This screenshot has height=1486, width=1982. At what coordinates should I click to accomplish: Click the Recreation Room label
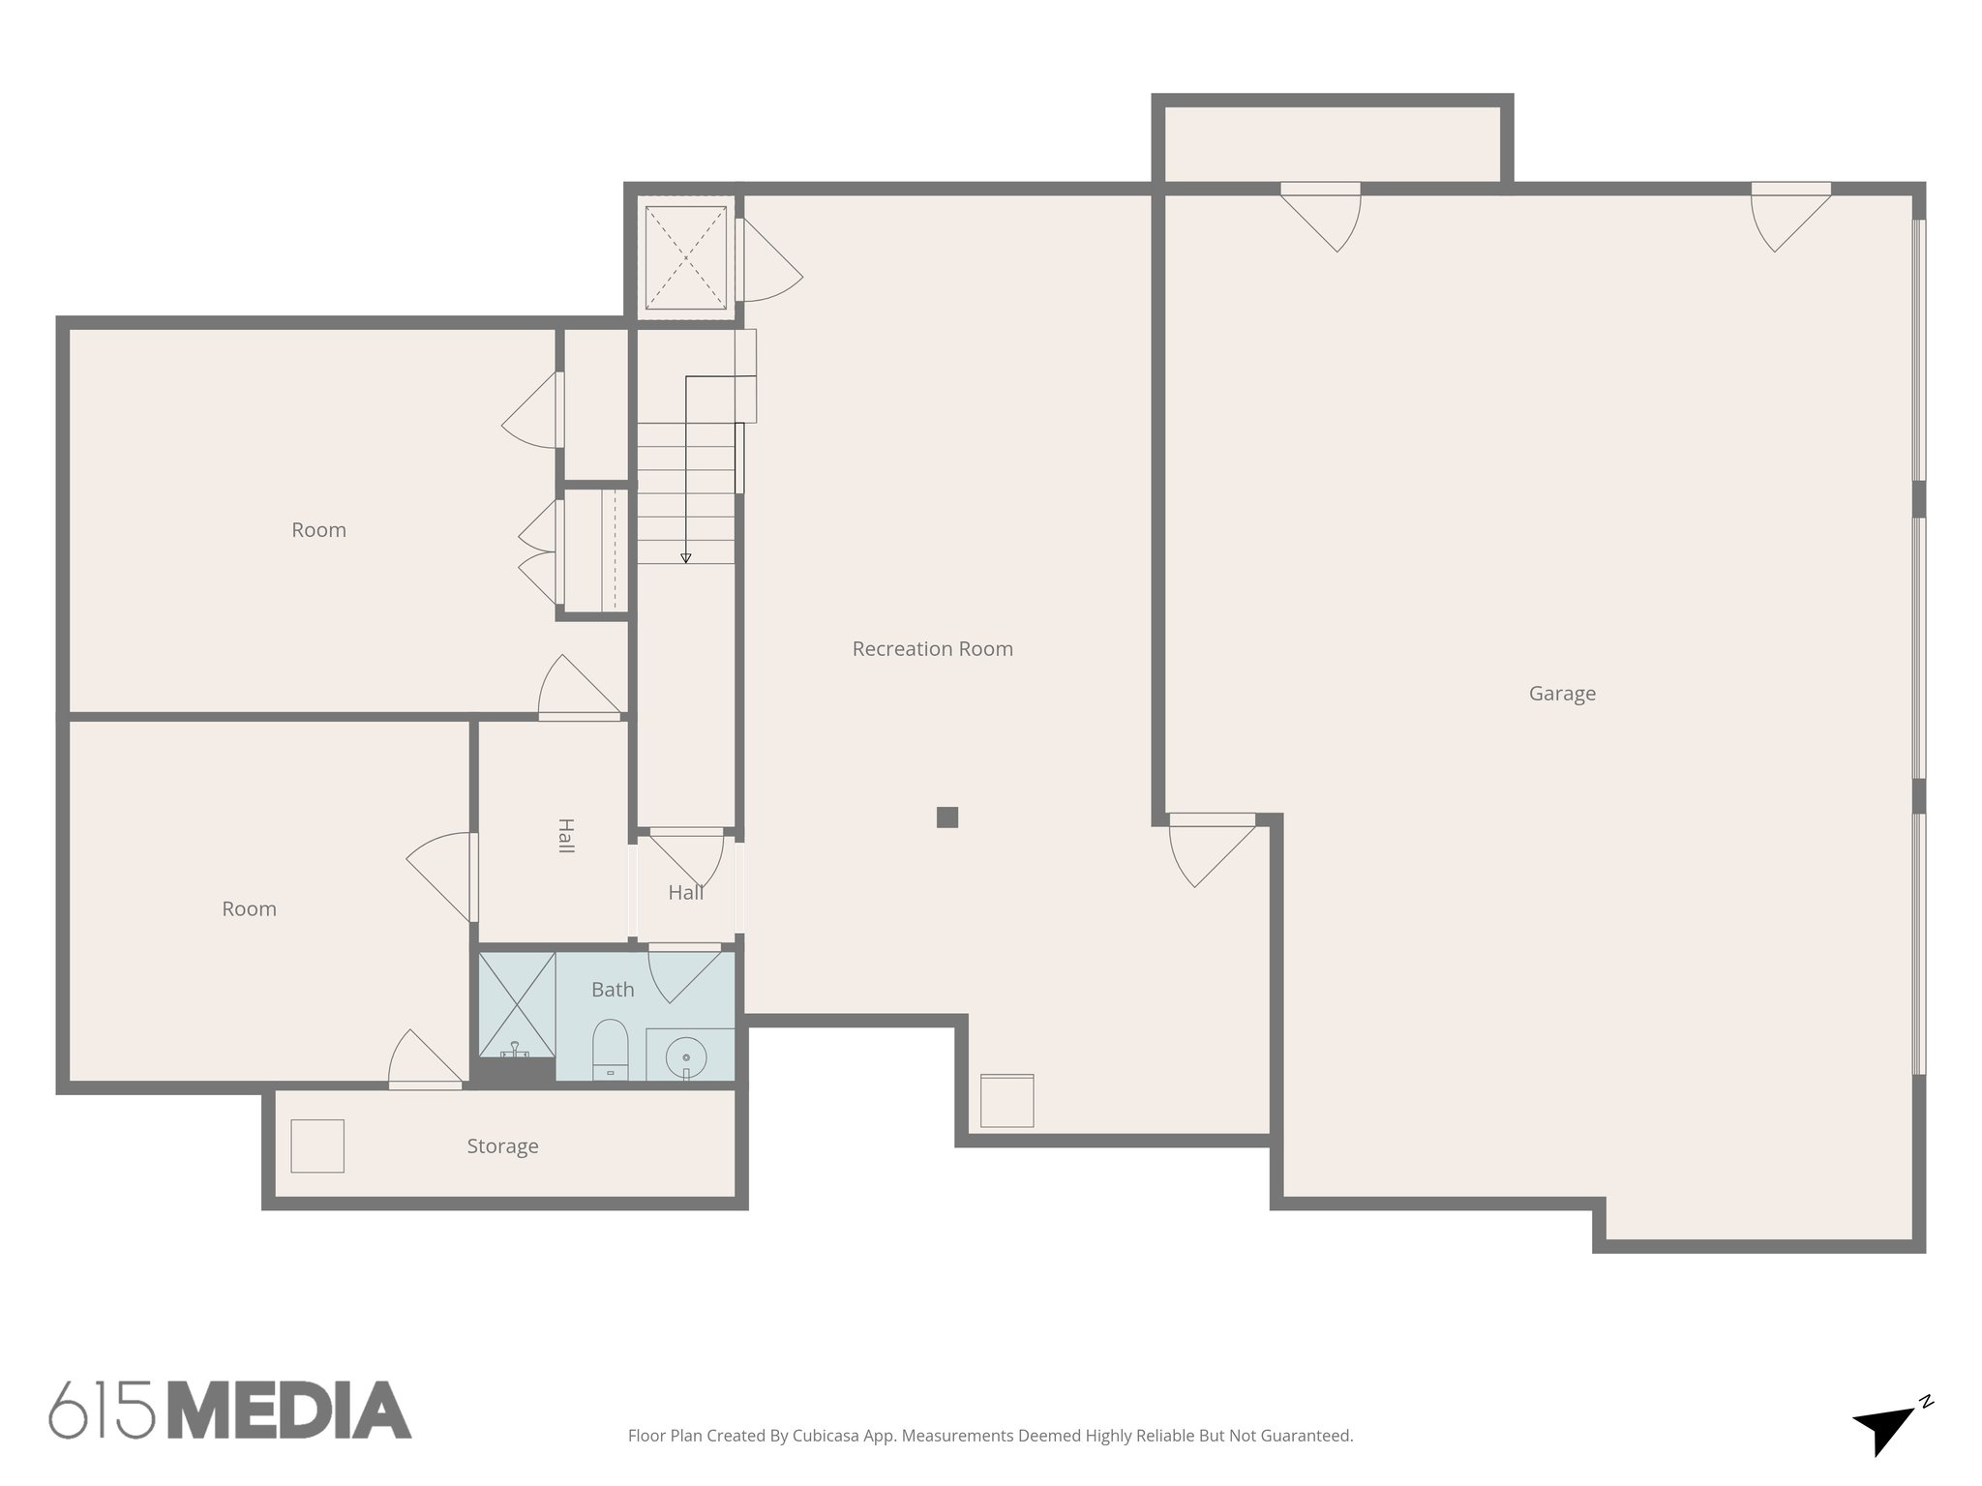pyautogui.click(x=932, y=649)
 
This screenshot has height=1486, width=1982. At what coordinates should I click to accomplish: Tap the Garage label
pyautogui.click(x=1562, y=694)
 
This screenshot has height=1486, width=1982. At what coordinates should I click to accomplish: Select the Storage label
pyautogui.click(x=502, y=1146)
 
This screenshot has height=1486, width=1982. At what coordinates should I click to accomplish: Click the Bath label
pyautogui.click(x=613, y=990)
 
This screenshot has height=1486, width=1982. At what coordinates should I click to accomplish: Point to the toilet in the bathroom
pyautogui.click(x=610, y=1049)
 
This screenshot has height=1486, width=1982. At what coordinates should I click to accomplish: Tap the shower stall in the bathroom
pyautogui.click(x=518, y=1004)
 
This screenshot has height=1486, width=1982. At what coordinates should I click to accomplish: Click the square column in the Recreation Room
pyautogui.click(x=947, y=817)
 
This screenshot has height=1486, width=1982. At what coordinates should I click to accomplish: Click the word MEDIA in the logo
pyautogui.click(x=289, y=1411)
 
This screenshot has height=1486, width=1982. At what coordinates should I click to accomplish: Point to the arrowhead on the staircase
pyautogui.click(x=686, y=558)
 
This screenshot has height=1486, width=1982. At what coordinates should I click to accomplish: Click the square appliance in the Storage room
pyautogui.click(x=317, y=1146)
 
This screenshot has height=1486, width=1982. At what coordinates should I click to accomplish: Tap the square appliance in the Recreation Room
pyautogui.click(x=1006, y=1101)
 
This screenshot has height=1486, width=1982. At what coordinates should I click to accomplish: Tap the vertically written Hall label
pyautogui.click(x=566, y=836)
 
